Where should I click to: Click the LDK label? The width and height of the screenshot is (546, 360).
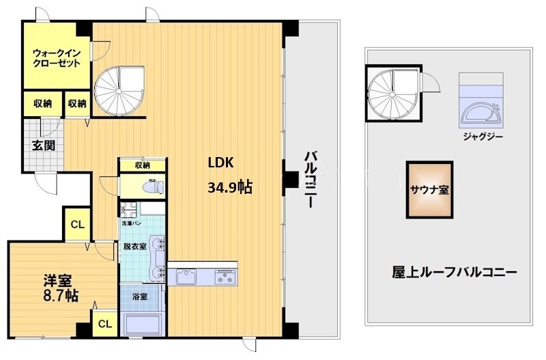coord(221,163)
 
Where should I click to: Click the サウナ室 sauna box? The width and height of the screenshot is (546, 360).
coord(429,190)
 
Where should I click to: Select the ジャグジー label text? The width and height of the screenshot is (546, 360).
coord(482,136)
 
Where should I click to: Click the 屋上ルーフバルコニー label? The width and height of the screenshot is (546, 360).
coord(454,271)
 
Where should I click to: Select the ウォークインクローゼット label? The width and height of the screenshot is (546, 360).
coord(56,57)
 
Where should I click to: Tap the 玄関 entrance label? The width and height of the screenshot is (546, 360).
coord(42,145)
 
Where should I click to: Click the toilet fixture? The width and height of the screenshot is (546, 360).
coord(152,185)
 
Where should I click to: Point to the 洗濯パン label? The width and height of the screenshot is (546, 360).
coord(132,223)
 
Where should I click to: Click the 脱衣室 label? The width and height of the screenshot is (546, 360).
coord(134,247)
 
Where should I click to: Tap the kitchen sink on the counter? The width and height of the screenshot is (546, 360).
coord(185,277)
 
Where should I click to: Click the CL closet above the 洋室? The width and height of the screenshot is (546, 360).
coord(78,223)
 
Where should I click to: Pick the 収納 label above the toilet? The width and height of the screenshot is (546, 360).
coord(142,165)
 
